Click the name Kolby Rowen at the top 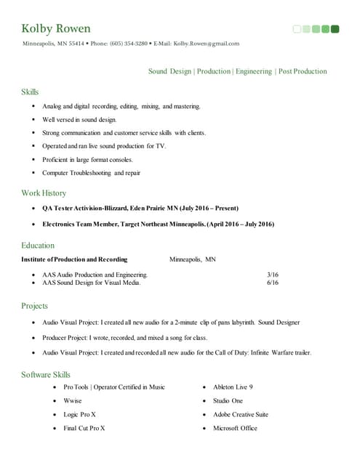click(x=57, y=29)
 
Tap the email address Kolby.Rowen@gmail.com click(x=207, y=44)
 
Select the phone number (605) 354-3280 click(x=129, y=44)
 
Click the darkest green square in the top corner click(x=335, y=29)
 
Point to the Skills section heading click(x=30, y=92)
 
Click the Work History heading click(x=44, y=193)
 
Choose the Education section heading click(x=38, y=246)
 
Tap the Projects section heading click(x=35, y=307)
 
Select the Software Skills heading click(x=47, y=375)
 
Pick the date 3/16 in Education click(x=273, y=275)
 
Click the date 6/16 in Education click(x=273, y=283)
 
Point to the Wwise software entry click(x=73, y=401)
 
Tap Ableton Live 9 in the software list click(x=233, y=388)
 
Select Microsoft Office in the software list click(x=235, y=429)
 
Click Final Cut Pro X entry click(x=84, y=429)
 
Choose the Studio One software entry click(x=228, y=401)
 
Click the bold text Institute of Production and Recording click(x=74, y=259)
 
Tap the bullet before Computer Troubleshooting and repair click(x=33, y=173)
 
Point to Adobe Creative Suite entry click(x=241, y=415)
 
